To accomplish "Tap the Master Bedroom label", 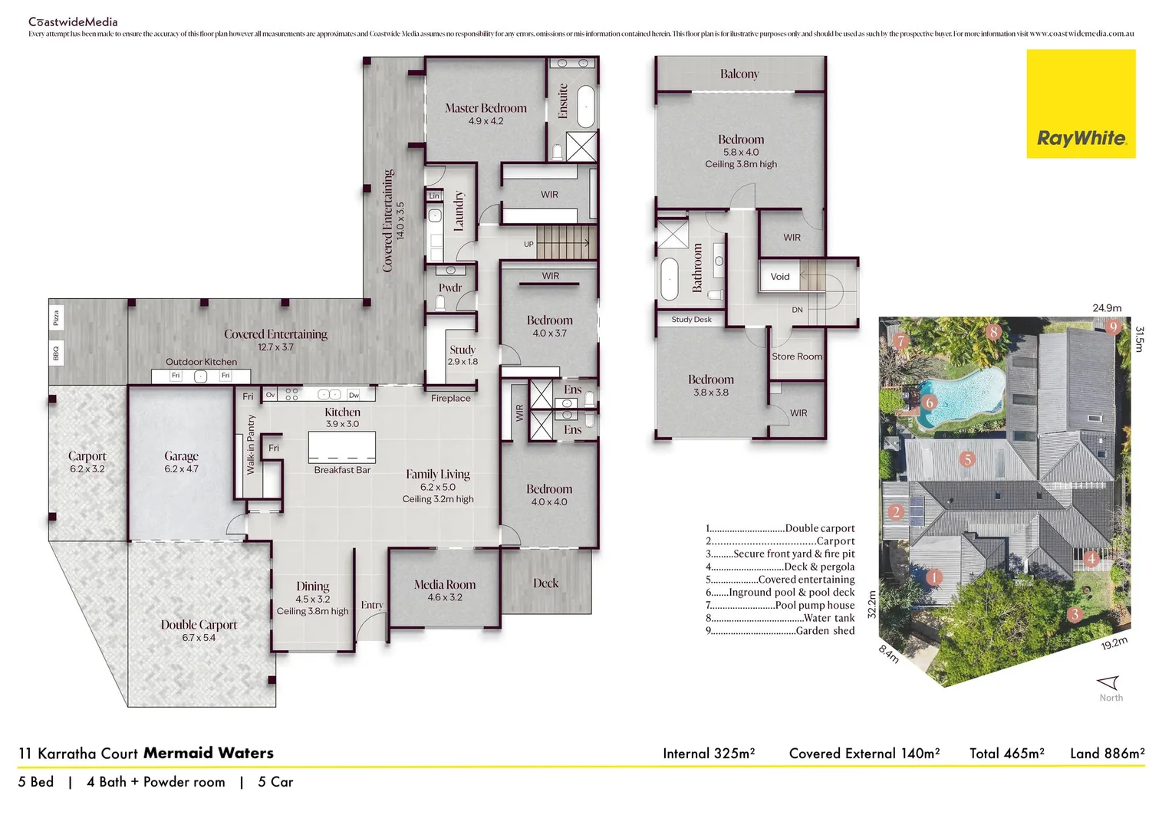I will pos(486,108).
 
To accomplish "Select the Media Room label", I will pos(445,584).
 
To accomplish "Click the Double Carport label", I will pos(199,625).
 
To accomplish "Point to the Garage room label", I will pos(181,456).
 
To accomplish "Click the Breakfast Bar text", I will pos(342,470).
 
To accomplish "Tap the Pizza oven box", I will pos(56,317).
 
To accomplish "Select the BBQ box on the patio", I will pos(56,353).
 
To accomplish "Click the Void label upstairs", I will pos(780,277).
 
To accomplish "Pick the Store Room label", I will pos(797,356).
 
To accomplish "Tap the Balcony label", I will pos(739,74).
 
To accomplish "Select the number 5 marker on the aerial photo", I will pos(968,459).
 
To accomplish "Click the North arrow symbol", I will pos(1109,682).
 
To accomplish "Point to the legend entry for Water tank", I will pos(780,618).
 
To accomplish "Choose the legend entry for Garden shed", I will pos(780,631).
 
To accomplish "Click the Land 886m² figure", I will pos(1107,754).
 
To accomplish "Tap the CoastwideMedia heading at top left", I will pos(73,21).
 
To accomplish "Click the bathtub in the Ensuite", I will pos(586,107).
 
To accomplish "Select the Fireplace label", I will pos(451,398).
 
